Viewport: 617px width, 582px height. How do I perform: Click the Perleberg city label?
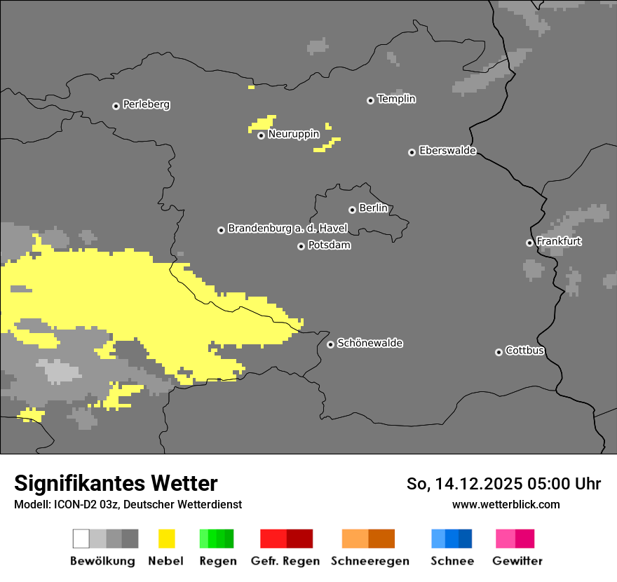click(146, 104)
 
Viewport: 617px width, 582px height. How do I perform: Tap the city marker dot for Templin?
click(370, 100)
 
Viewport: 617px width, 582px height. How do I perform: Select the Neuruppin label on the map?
click(294, 134)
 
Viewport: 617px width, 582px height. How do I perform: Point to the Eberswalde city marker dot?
click(412, 152)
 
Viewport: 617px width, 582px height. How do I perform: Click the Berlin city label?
click(373, 208)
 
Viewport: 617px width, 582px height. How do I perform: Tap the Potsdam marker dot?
click(301, 246)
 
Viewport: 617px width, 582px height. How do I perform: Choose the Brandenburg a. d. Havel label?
click(287, 229)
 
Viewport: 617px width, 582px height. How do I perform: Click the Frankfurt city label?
click(559, 241)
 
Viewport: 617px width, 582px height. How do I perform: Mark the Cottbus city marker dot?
click(499, 352)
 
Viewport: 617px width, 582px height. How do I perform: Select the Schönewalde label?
click(369, 343)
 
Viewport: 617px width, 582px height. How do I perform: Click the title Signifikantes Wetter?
click(116, 483)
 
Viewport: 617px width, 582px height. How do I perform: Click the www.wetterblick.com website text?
click(506, 504)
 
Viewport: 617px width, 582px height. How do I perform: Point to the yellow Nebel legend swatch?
click(166, 539)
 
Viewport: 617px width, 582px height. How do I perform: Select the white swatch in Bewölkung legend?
click(81, 539)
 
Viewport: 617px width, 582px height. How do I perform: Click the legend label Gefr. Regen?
click(285, 561)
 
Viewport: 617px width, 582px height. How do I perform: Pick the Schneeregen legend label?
click(369, 561)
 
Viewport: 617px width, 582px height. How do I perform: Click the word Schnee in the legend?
click(452, 561)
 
